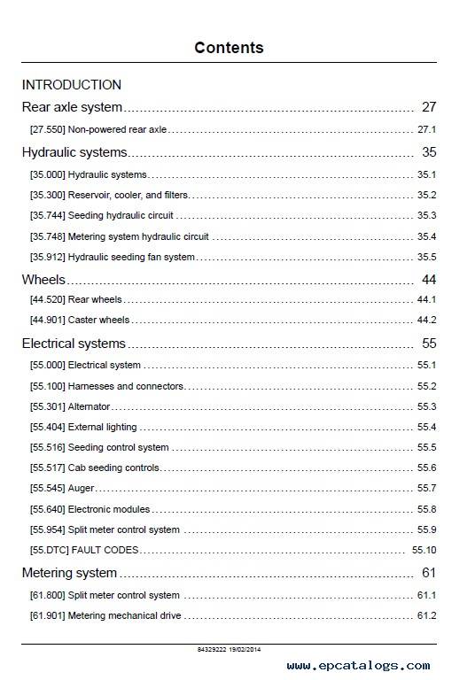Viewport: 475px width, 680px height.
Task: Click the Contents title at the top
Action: point(229,48)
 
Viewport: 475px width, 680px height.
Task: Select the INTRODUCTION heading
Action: point(72,85)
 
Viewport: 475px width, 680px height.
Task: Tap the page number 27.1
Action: point(427,129)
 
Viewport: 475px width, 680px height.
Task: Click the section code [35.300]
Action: point(47,195)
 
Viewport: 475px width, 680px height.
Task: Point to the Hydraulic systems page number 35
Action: point(429,152)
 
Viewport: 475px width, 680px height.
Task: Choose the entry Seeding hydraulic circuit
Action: point(121,215)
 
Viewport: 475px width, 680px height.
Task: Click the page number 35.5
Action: point(427,257)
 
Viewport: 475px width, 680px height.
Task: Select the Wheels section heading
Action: point(43,280)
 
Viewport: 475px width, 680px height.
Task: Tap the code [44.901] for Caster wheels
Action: point(47,320)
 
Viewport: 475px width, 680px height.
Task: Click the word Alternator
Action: point(89,406)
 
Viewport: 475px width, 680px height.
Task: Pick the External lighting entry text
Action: point(103,427)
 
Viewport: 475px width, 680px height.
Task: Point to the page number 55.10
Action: point(424,551)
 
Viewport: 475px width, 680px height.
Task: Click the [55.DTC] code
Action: point(49,551)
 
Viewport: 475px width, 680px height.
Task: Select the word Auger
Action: point(81,489)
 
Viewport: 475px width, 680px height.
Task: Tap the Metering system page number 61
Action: point(429,573)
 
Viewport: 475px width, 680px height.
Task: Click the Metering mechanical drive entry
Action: point(125,616)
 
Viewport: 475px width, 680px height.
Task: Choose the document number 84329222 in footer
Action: point(212,650)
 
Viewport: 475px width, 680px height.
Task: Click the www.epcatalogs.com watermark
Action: point(359,666)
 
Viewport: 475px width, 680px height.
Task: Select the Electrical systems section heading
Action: point(74,344)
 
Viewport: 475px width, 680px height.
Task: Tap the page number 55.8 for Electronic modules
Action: point(427,510)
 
